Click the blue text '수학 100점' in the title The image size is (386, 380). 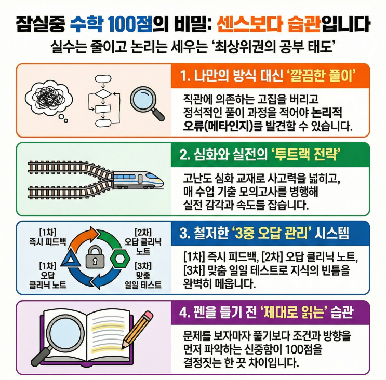pyautogui.click(x=111, y=24)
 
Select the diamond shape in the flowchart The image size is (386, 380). pyautogui.click(x=103, y=94)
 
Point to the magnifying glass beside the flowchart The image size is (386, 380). pyautogui.click(x=147, y=103)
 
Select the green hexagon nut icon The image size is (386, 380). pyautogui.click(x=120, y=259)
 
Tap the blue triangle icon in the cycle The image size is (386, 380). pyautogui.click(x=71, y=258)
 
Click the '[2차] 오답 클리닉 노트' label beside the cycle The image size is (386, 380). pyautogui.click(x=143, y=241)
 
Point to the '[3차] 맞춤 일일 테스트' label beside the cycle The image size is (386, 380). pyautogui.click(x=143, y=276)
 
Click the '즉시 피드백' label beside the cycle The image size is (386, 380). pyautogui.click(x=47, y=242)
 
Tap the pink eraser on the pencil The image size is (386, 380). pyautogui.click(x=148, y=316)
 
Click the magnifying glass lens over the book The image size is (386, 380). pyautogui.click(x=64, y=332)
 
